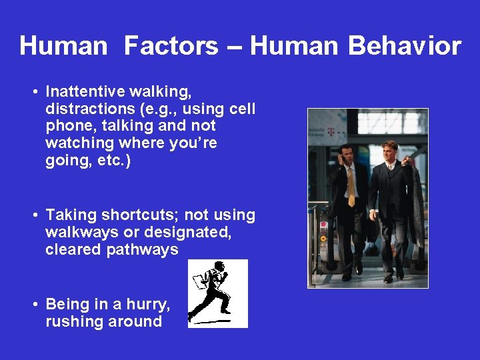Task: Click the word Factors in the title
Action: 171,47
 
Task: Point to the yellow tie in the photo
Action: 351,186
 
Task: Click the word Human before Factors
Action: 63,47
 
